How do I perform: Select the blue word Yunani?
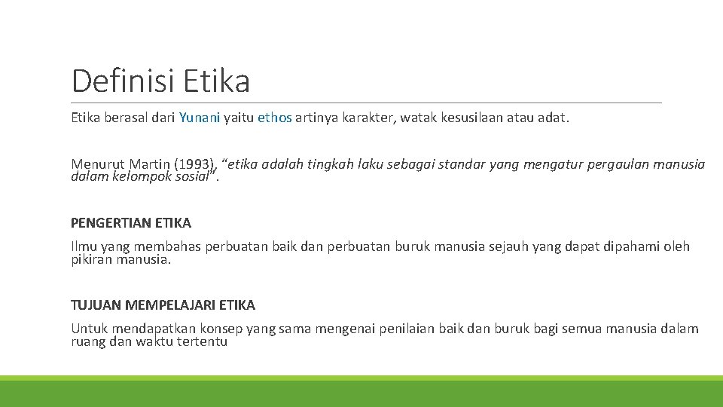pyautogui.click(x=200, y=118)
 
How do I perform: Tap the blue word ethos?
pyautogui.click(x=274, y=118)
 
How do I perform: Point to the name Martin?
pyautogui.click(x=151, y=164)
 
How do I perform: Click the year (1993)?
pyautogui.click(x=197, y=164)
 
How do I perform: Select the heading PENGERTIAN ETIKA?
pyautogui.click(x=131, y=223)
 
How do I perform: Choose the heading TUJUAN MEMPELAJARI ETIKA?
pyautogui.click(x=163, y=305)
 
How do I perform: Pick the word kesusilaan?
pyautogui.click(x=470, y=118)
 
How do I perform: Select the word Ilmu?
pyautogui.click(x=84, y=246)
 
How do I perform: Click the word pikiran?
pyautogui.click(x=93, y=260)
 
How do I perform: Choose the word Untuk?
pyautogui.click(x=87, y=329)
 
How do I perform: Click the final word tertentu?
pyautogui.click(x=202, y=342)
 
